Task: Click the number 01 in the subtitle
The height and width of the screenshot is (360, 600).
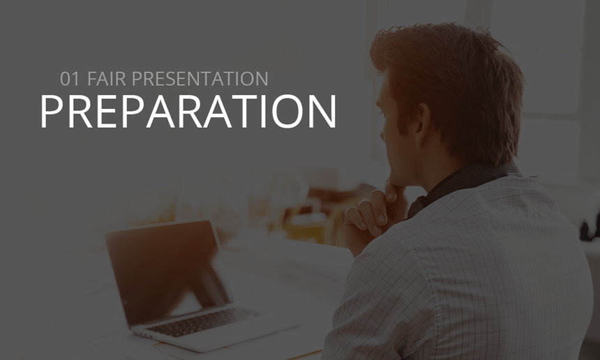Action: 70,79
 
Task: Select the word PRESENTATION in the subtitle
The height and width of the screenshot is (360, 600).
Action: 200,79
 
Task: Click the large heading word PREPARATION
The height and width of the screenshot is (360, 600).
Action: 188,111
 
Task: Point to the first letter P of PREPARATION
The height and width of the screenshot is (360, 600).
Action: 52,111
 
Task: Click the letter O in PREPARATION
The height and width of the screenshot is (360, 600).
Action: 287,111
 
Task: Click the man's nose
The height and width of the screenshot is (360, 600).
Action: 382,134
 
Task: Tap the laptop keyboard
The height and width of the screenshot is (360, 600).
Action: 202,322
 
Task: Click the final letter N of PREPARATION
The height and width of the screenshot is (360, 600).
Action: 322,111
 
